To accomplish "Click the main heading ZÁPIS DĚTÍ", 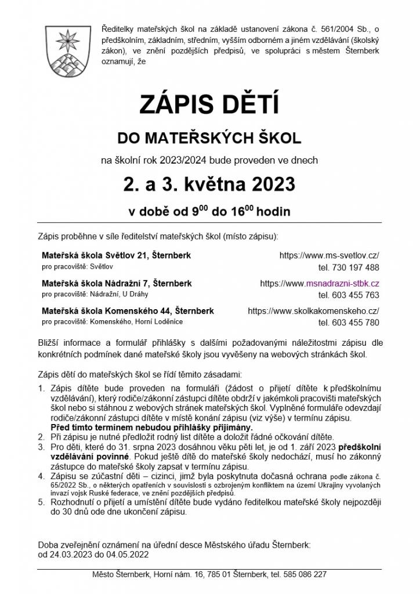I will pyautogui.click(x=209, y=106).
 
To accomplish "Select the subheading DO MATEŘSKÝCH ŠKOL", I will pyautogui.click(x=209, y=138).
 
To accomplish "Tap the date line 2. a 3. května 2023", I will pyautogui.click(x=209, y=184).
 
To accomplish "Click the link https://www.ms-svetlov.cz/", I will pyautogui.click(x=329, y=255).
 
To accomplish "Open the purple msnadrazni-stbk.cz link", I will pyautogui.click(x=342, y=283).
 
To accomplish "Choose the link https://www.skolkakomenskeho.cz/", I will pyautogui.click(x=313, y=311).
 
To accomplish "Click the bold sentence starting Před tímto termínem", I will pyautogui.click(x=152, y=427).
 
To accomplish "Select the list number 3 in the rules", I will pyautogui.click(x=41, y=448).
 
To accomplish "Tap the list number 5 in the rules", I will pyautogui.click(x=41, y=502).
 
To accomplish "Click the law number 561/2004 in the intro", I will pyautogui.click(x=341, y=29).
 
